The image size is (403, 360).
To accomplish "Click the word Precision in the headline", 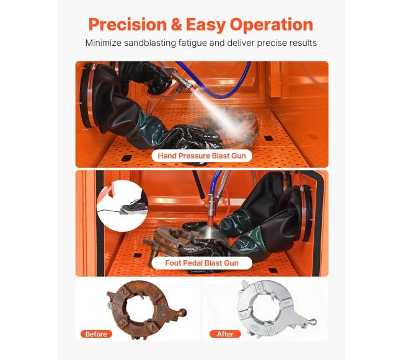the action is coord(128,24).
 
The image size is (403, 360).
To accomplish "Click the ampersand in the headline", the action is coord(176,25).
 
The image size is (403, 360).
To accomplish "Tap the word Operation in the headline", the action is coord(271,25).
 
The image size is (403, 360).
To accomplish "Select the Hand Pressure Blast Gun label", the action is coord(201,156).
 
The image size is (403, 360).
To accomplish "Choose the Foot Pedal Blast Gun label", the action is coord(201,263).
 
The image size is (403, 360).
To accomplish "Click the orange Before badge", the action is coord(96,334).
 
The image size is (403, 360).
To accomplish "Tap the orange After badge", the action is coord(225,334).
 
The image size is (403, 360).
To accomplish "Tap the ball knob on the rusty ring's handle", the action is coord(183,312).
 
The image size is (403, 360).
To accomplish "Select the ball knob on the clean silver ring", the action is coord(313,321).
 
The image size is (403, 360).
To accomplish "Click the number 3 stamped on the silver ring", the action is coord(244,315).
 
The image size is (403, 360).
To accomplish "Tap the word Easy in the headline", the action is coord(206,25).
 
